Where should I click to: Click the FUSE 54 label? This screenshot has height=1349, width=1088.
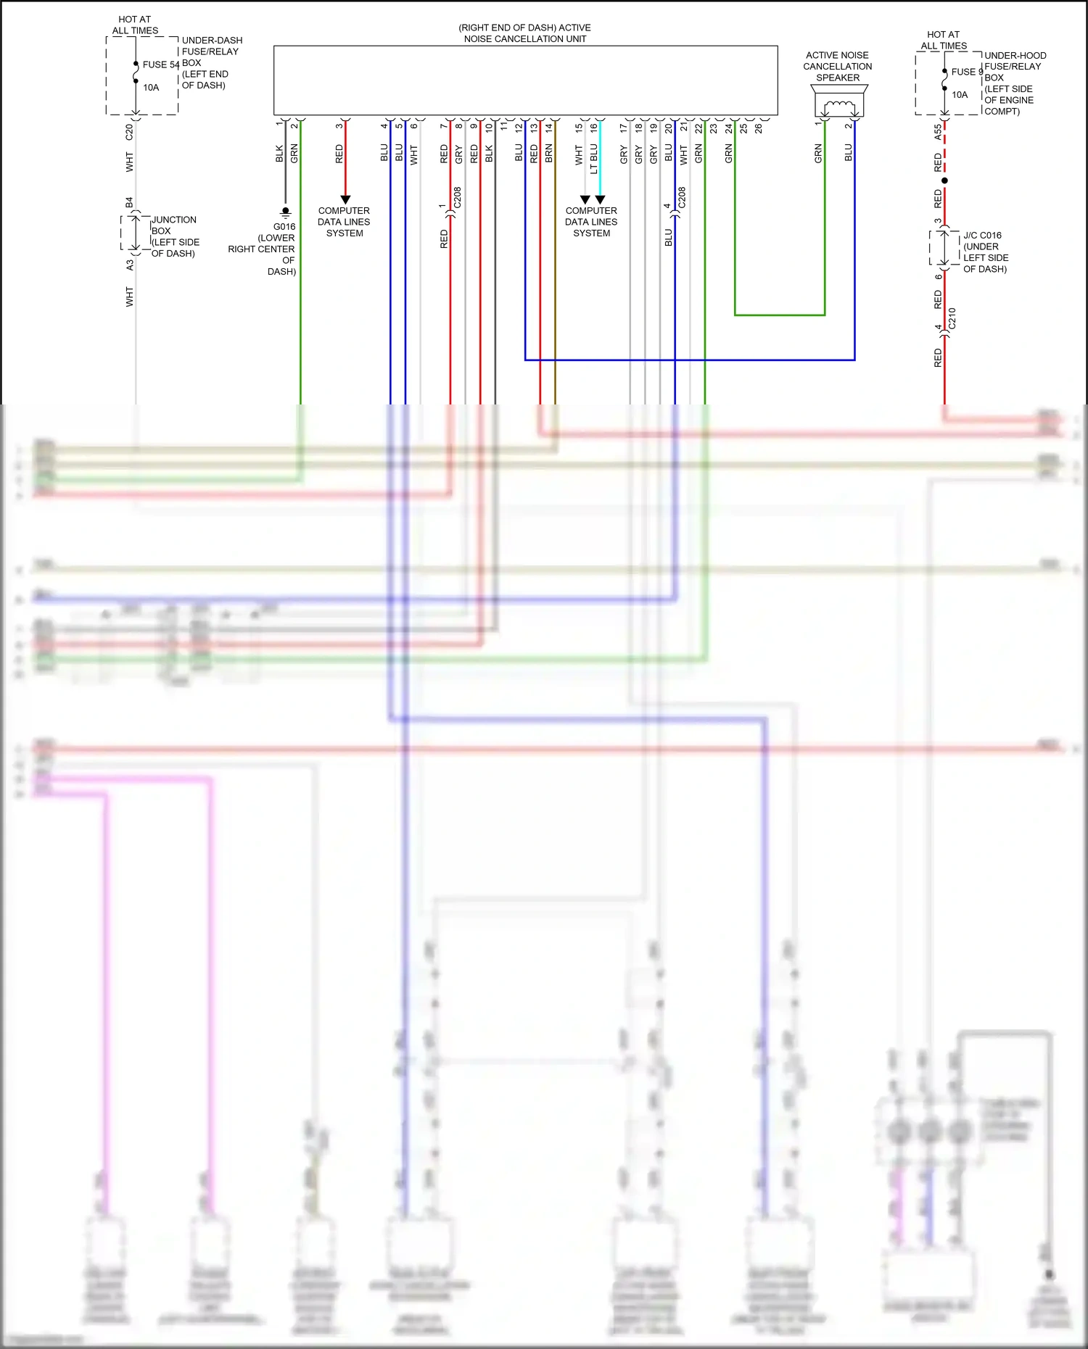pyautogui.click(x=160, y=65)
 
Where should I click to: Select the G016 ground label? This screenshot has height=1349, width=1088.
pyautogui.click(x=284, y=226)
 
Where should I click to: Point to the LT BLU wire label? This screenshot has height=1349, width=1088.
pyautogui.click(x=594, y=159)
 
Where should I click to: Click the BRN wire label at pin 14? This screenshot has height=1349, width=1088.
pyautogui.click(x=549, y=153)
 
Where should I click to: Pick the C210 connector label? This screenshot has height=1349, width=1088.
pyautogui.click(x=952, y=318)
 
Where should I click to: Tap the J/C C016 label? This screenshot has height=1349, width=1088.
pyautogui.click(x=982, y=236)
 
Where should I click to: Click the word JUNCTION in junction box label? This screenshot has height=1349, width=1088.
pyautogui.click(x=174, y=220)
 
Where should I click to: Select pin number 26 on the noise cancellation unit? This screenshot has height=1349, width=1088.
pyautogui.click(x=759, y=128)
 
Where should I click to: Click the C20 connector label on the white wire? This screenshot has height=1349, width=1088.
pyautogui.click(x=129, y=132)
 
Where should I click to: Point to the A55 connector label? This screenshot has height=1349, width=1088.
pyautogui.click(x=938, y=132)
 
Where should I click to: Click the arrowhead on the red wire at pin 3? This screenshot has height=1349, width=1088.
pyautogui.click(x=345, y=199)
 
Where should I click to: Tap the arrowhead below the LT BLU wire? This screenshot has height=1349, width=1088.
pyautogui.click(x=600, y=199)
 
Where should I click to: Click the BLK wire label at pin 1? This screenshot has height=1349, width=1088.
pyautogui.click(x=279, y=153)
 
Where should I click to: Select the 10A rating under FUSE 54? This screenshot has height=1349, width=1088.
pyautogui.click(x=151, y=88)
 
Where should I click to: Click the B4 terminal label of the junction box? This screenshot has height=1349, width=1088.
pyautogui.click(x=129, y=202)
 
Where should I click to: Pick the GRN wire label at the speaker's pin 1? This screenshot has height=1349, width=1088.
pyautogui.click(x=818, y=153)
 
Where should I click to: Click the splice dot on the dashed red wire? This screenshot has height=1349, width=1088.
pyautogui.click(x=944, y=180)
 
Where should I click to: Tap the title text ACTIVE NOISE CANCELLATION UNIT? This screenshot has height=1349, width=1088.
pyautogui.click(x=525, y=33)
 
